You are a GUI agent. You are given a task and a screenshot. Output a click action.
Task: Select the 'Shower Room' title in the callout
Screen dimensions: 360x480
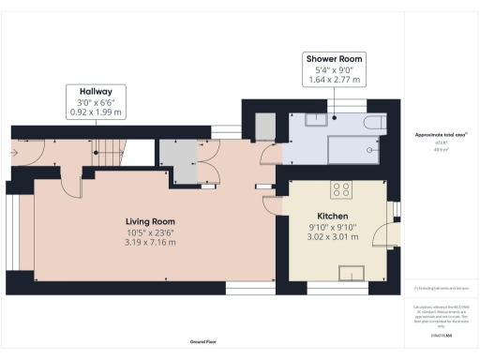coord(334,58)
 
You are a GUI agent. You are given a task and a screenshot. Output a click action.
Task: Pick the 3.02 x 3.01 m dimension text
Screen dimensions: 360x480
coord(333,236)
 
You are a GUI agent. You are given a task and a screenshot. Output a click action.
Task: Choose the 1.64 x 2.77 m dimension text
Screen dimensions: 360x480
coord(334,80)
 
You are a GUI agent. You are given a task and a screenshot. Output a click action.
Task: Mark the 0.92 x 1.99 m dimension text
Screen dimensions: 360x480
coord(97,112)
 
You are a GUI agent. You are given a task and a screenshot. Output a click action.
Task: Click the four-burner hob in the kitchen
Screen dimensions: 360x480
coord(341,188)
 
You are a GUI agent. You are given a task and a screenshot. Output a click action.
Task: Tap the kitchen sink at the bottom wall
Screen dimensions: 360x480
coord(352,272)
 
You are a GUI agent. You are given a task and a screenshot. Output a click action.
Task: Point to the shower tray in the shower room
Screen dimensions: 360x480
coord(349,148)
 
